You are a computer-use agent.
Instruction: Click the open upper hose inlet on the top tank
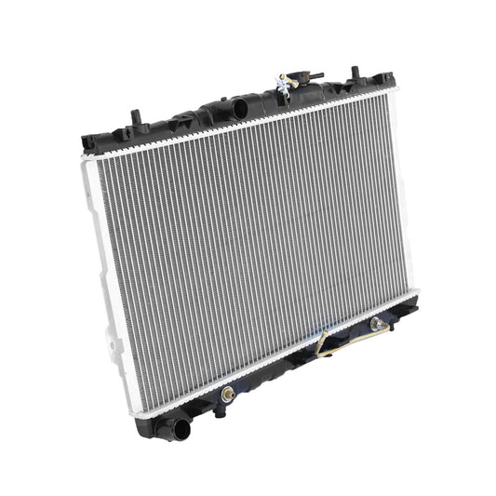(x=239, y=109)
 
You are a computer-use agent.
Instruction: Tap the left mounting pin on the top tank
(x=136, y=118)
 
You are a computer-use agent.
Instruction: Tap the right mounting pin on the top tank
(x=355, y=73)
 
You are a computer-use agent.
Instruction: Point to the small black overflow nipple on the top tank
(x=315, y=77)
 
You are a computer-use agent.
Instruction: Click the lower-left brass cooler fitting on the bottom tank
(x=226, y=395)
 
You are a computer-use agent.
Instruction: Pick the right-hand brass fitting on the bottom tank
(x=376, y=324)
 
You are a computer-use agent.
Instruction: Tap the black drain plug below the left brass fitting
(x=220, y=410)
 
